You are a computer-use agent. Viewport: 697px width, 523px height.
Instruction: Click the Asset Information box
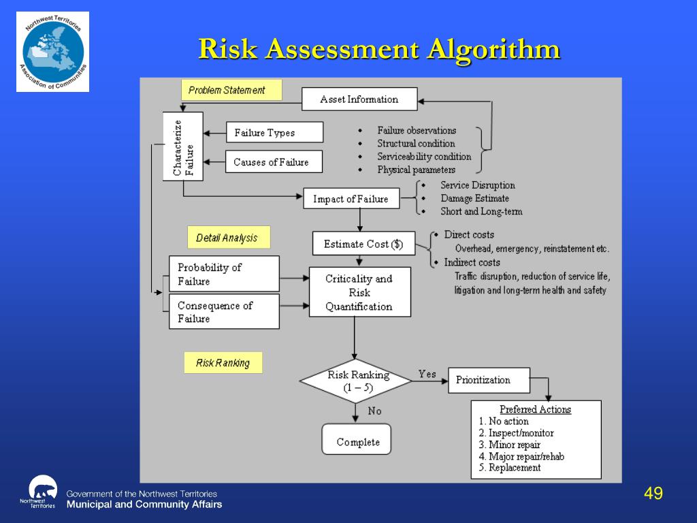pos(359,99)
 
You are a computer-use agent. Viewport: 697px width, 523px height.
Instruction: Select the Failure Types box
pos(274,133)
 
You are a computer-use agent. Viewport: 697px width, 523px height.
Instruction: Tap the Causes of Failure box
pos(274,162)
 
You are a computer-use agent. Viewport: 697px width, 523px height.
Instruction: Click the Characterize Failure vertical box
pos(183,146)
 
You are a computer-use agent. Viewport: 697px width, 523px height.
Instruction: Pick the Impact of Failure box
pos(351,199)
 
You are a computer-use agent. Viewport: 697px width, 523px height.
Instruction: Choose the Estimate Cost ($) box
pos(363,244)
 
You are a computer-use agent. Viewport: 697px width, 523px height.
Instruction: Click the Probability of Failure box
pos(224,274)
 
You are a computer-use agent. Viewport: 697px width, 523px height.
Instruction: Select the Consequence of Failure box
pos(224,312)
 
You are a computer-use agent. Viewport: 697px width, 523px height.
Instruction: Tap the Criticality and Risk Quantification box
pos(359,292)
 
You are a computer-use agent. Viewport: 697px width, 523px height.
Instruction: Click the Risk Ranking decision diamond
pos(356,381)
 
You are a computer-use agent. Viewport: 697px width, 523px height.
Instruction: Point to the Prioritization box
pos(489,380)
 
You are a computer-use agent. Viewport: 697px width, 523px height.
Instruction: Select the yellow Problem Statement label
pos(231,90)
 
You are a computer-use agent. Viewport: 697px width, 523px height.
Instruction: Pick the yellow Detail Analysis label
pos(228,238)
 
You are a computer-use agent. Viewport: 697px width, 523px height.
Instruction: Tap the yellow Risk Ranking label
pos(223,363)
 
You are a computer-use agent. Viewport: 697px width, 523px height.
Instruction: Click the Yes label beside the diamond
pos(427,374)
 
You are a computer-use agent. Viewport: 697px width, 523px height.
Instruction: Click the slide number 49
pos(653,494)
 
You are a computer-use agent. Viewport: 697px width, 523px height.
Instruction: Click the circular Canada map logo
pos(53,52)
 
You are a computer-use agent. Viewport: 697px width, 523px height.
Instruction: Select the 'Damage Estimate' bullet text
pos(474,198)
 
